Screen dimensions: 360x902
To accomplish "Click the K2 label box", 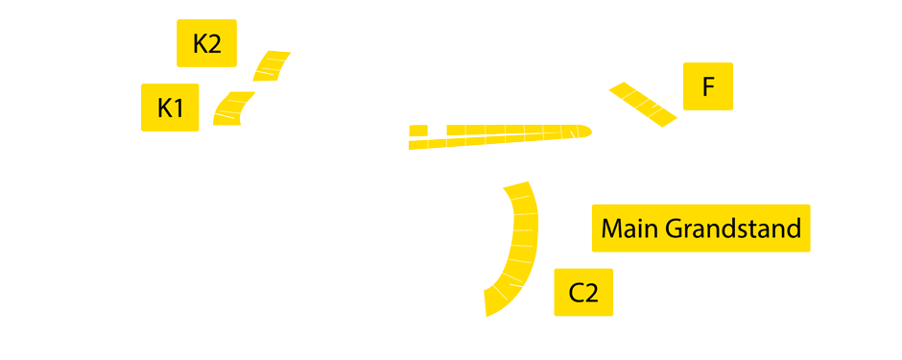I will point(206,43).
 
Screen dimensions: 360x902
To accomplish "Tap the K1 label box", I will point(170,108).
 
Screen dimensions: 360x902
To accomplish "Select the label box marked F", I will point(707,86).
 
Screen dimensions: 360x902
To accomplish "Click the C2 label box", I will point(582,292).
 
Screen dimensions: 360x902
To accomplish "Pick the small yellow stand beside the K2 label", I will point(272,65).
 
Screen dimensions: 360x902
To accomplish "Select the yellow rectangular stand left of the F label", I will point(643,104).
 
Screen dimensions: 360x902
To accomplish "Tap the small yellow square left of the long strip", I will point(417,131).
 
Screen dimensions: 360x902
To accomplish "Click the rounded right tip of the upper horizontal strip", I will point(583,131).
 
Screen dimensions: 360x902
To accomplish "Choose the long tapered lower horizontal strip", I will point(480,142).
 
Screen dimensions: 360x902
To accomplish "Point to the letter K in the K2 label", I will point(200,43).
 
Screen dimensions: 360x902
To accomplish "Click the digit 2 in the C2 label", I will point(591,292).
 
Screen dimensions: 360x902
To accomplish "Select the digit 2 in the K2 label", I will point(215,43).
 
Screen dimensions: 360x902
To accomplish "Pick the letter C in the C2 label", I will point(576,292).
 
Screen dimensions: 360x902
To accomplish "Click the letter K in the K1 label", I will point(164,108).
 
